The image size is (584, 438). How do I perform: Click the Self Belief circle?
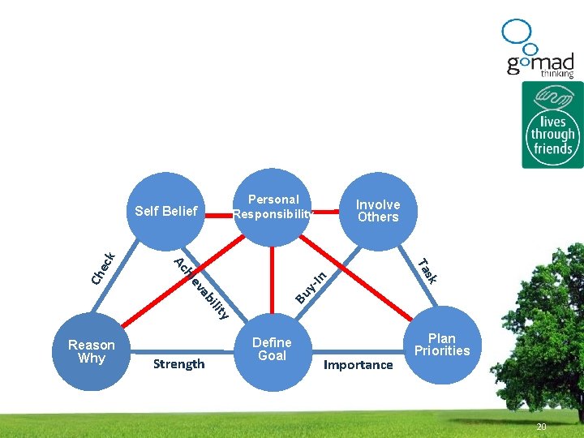(166, 211)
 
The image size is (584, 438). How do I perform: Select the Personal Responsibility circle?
(273, 207)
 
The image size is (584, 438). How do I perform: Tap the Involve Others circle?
(378, 211)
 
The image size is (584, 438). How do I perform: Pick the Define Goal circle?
(272, 349)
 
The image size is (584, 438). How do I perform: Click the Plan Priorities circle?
(442, 345)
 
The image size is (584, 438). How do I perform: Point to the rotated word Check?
(104, 268)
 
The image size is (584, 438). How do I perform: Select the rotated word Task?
(427, 270)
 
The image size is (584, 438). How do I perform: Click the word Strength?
(178, 363)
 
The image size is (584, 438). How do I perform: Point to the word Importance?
(358, 365)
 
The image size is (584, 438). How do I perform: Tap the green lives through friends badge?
(552, 125)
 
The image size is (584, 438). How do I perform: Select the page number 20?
(541, 427)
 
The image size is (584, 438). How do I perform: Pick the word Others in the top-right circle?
(378, 217)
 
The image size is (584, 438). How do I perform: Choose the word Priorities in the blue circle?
(442, 351)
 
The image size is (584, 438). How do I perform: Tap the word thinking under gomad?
(557, 75)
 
